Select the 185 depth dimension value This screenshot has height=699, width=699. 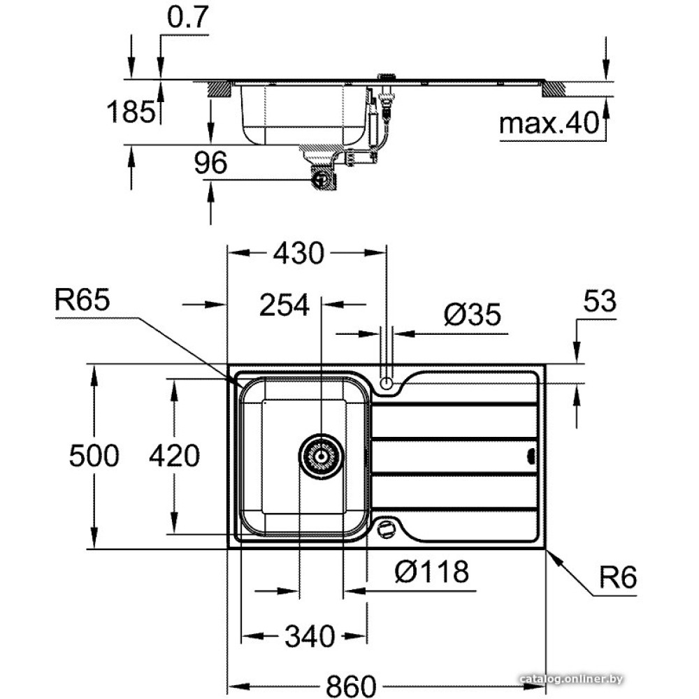pyautogui.click(x=131, y=111)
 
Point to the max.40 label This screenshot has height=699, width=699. pyautogui.click(x=549, y=124)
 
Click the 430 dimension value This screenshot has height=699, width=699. pyautogui.click(x=298, y=253)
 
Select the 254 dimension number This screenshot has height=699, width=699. pyautogui.click(x=284, y=305)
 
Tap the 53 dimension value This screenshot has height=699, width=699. pyautogui.click(x=599, y=301)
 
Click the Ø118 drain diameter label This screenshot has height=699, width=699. pyautogui.click(x=431, y=572)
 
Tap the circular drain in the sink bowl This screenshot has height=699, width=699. pyautogui.click(x=321, y=456)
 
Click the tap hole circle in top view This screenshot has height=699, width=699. pyautogui.click(x=386, y=382)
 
